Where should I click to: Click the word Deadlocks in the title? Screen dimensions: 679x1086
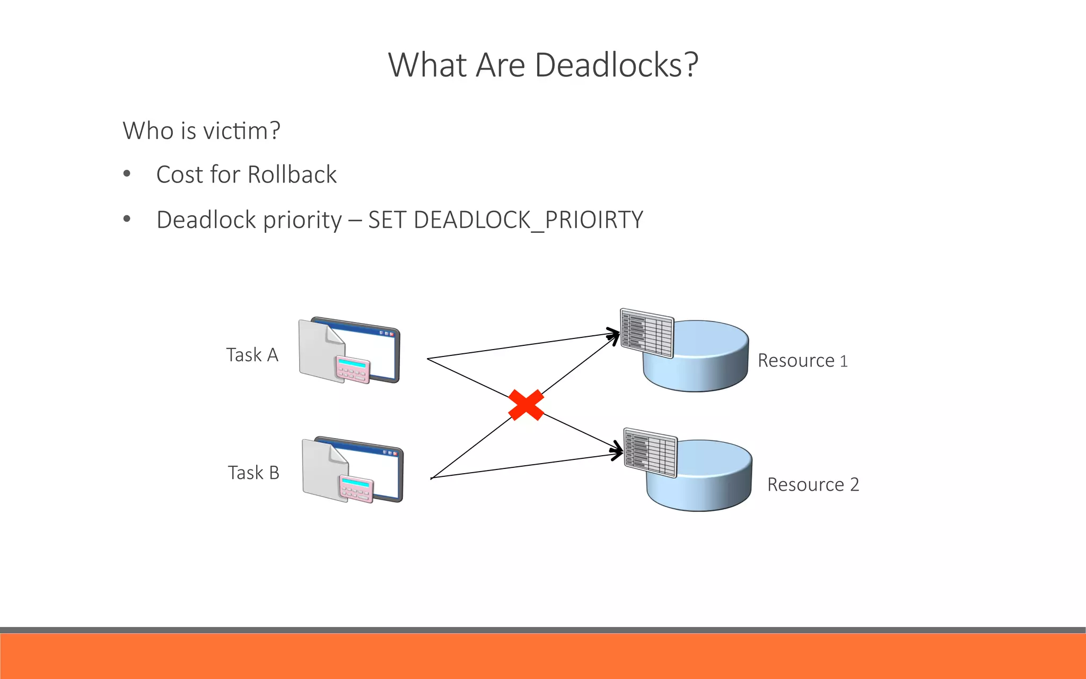pos(609,65)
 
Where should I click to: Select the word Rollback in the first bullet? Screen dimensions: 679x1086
pos(292,175)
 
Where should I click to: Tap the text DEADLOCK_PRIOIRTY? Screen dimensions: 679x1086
pos(528,220)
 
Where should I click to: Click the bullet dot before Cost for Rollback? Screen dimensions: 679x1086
pos(127,174)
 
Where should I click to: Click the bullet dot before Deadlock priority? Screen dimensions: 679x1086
pos(127,219)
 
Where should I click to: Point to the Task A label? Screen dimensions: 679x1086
pos(252,355)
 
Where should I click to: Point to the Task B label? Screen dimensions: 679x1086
pos(253,473)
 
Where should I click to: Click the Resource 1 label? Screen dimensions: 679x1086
pos(802,361)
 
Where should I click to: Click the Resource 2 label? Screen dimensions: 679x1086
pos(812,485)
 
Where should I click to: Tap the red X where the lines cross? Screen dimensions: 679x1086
pos(526,405)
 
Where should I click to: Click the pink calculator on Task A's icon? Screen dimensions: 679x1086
pos(353,370)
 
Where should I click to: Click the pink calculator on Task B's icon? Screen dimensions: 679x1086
pos(356,489)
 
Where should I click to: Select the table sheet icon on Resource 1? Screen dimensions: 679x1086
pos(647,334)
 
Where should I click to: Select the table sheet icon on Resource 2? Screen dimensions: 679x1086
pos(650,452)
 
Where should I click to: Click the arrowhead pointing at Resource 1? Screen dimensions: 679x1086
pos(614,336)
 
